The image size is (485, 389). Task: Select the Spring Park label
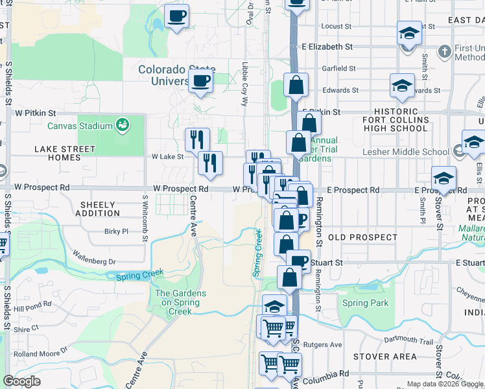click(x=365, y=303)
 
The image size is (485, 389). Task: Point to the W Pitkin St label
click(x=36, y=112)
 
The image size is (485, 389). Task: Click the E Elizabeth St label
click(x=327, y=47)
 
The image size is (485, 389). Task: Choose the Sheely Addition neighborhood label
click(x=97, y=209)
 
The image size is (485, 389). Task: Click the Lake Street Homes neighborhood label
click(x=65, y=153)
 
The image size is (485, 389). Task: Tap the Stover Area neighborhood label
click(x=385, y=357)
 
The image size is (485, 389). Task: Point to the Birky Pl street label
click(x=117, y=231)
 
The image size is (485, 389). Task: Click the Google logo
click(x=22, y=381)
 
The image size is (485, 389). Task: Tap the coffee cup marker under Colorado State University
click(x=201, y=81)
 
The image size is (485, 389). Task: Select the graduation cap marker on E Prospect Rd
click(x=444, y=178)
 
